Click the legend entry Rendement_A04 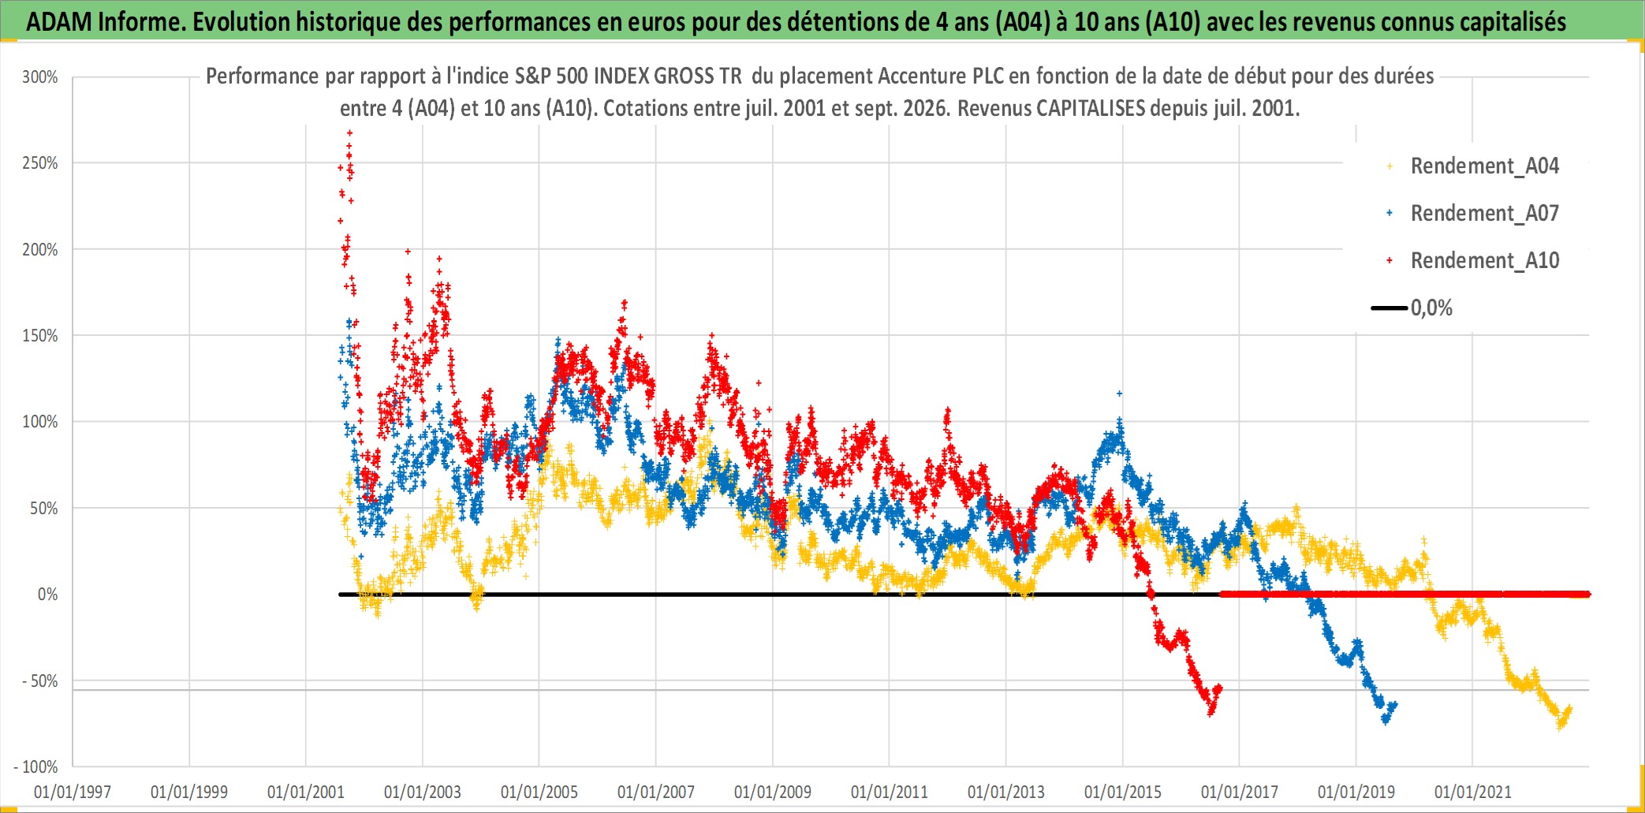[x=1484, y=166]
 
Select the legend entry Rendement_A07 [x=1484, y=214]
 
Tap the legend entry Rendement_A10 [x=1484, y=261]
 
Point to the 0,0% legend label [x=1431, y=308]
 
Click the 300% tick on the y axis [x=40, y=77]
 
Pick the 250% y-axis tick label [x=40, y=163]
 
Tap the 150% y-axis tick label [x=40, y=336]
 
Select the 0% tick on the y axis [x=48, y=595]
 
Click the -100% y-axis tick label [x=36, y=766]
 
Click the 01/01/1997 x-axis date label [x=73, y=792]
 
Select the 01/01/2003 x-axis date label [x=423, y=792]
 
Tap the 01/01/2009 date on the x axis [x=773, y=792]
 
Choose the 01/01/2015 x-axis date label [x=1123, y=792]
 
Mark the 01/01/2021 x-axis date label [x=1473, y=792]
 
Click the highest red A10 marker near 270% [x=349, y=132]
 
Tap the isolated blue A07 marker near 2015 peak [x=1119, y=393]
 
